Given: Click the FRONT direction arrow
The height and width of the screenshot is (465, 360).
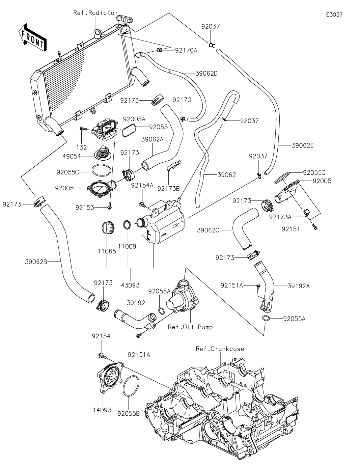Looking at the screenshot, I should click(x=32, y=37).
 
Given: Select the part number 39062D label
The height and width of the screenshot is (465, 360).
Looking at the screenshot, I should click(x=206, y=73).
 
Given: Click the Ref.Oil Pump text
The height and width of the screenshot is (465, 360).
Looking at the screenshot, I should click(x=190, y=327).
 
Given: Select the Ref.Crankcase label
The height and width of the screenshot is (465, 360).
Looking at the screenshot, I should click(x=220, y=349).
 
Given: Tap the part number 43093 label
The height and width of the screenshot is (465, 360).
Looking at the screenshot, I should click(x=130, y=285).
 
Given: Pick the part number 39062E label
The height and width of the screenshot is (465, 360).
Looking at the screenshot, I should click(x=303, y=146).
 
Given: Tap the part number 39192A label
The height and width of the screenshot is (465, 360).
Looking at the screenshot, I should click(x=299, y=286).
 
